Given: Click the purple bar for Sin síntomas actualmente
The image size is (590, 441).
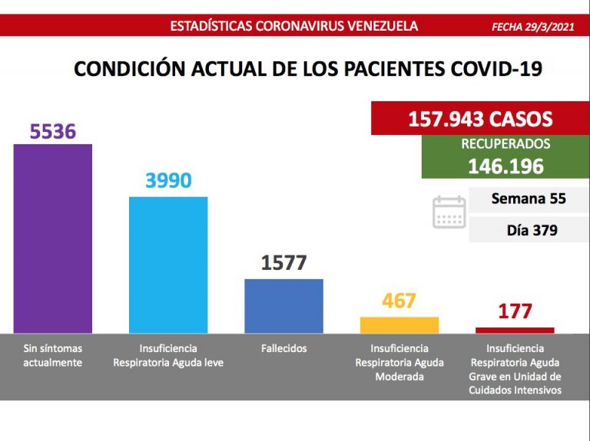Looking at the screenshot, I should [53, 238].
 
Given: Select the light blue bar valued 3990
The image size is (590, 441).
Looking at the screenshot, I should [168, 265].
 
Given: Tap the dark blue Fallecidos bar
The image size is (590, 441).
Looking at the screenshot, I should [283, 305].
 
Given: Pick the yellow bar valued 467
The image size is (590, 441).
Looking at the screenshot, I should [399, 324].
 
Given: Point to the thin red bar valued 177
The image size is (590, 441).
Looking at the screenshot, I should [514, 330].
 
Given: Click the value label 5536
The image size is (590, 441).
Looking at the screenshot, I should [53, 131].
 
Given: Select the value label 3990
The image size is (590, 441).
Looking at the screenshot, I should [168, 181].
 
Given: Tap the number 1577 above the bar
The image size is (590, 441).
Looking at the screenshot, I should [283, 263].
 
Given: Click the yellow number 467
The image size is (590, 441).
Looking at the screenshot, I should [399, 301].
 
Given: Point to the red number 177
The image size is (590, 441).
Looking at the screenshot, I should [514, 312].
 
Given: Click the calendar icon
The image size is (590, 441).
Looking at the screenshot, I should [449, 212].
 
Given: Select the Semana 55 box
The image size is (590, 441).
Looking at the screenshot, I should [528, 199].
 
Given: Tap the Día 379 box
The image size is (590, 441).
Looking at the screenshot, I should [528, 229].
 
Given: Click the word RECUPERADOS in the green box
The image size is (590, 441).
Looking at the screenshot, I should [505, 144].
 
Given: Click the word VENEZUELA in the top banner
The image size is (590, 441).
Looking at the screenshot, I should [383, 26].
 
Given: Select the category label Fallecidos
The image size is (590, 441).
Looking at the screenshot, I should [283, 348].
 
